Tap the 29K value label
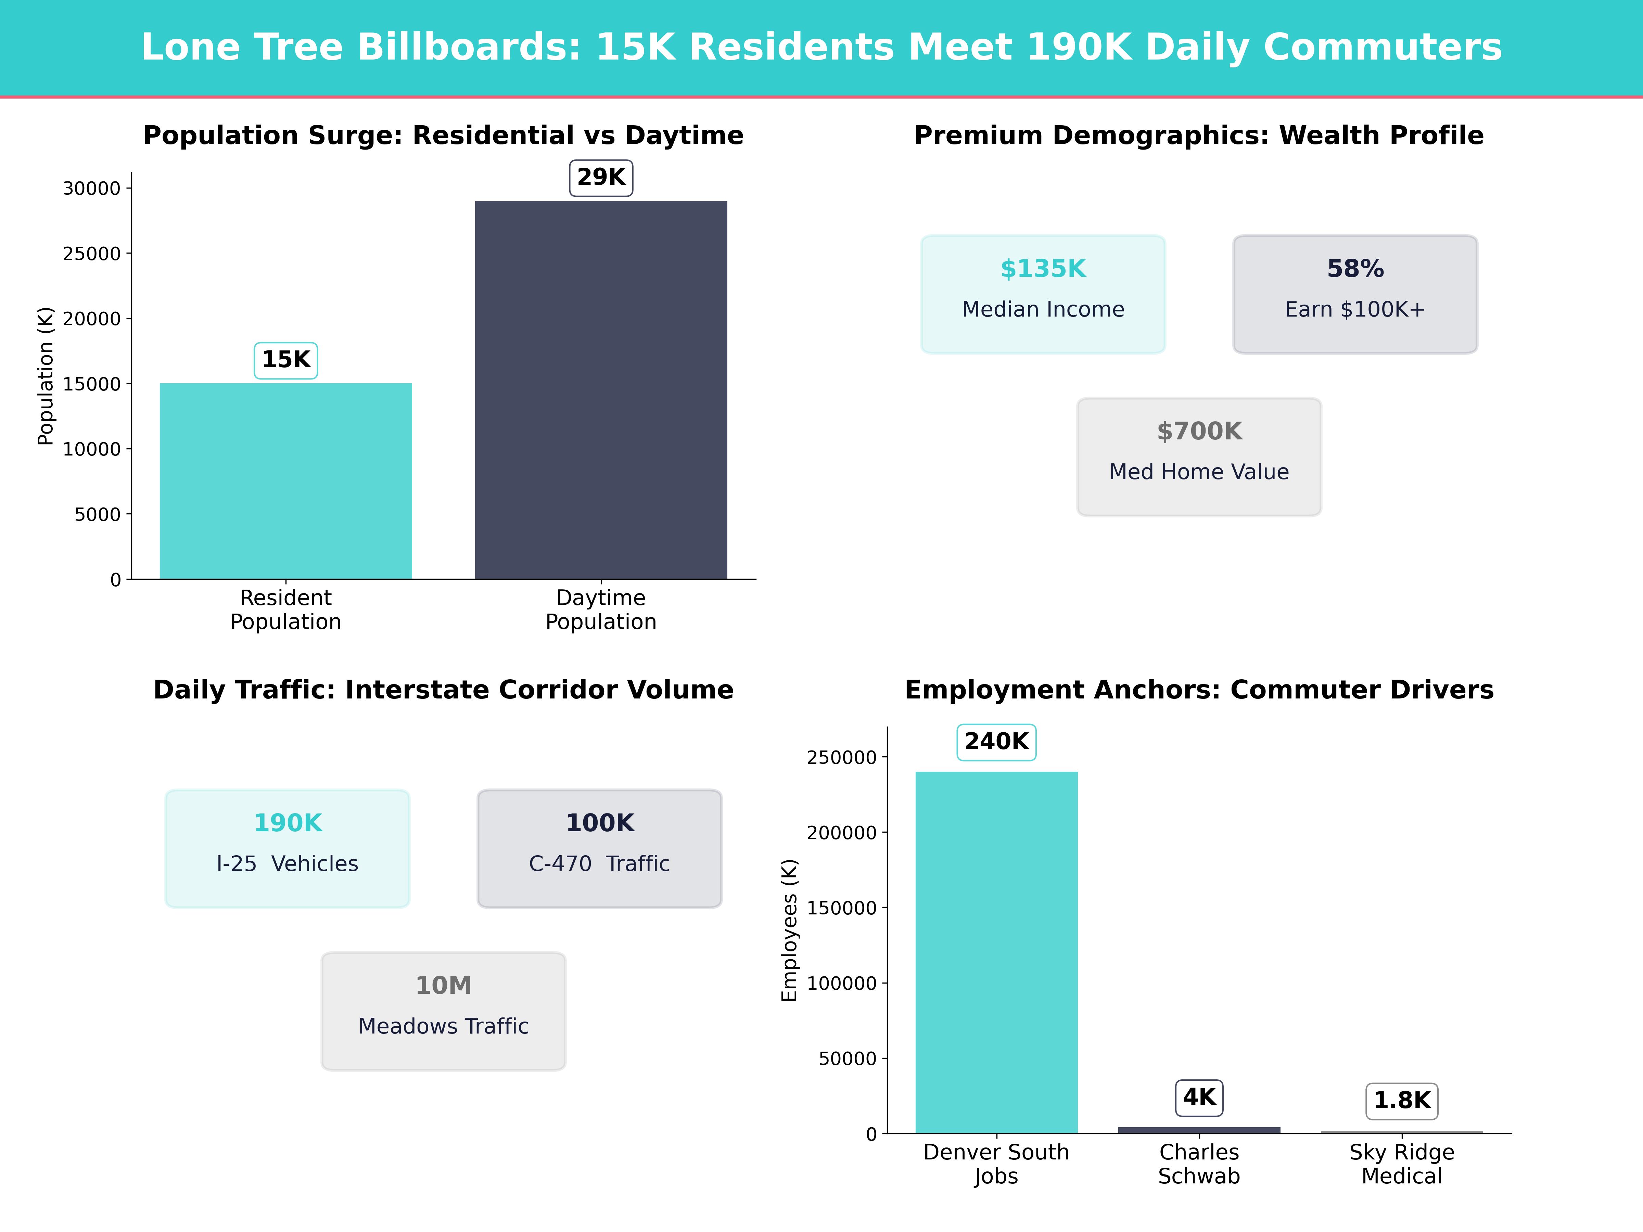[x=601, y=178]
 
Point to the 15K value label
[x=286, y=360]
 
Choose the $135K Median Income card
[x=1043, y=294]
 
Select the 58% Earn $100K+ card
[x=1355, y=294]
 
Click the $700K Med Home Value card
[x=1199, y=457]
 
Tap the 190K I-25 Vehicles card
[x=288, y=848]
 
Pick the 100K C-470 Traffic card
[x=599, y=848]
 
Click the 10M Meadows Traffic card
[x=443, y=1011]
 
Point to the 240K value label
[x=996, y=741]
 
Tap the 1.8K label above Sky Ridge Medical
[x=1402, y=1101]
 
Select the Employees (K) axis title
[x=790, y=930]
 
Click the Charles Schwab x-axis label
[x=1199, y=1165]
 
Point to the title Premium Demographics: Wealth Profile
[x=1199, y=136]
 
